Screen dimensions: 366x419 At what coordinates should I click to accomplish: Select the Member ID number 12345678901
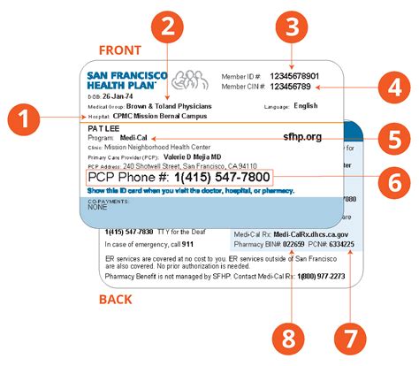point(301,76)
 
